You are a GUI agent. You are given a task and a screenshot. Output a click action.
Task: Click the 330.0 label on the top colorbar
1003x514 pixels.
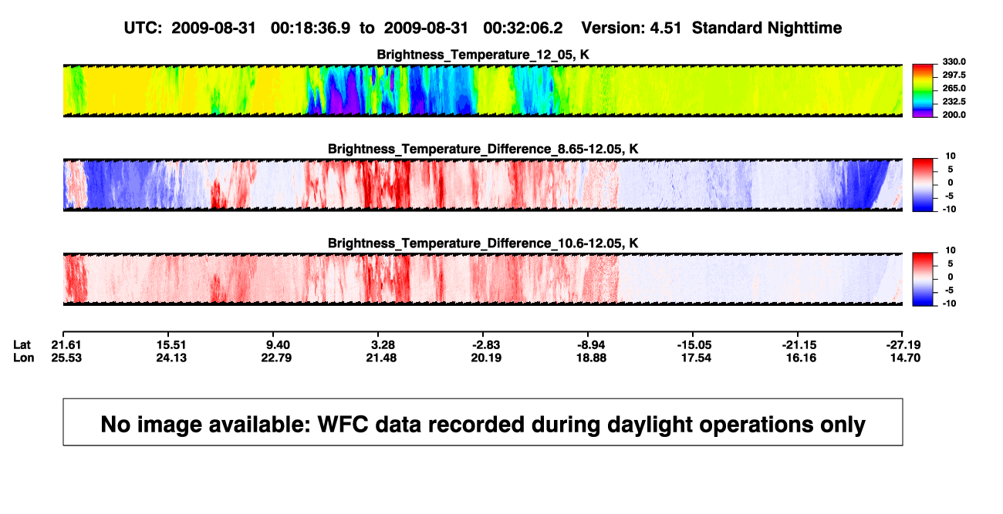coord(954,62)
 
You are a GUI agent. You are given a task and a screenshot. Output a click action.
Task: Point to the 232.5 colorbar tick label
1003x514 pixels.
coord(954,102)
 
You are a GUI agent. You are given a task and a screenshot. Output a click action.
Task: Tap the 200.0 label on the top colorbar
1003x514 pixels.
coord(954,115)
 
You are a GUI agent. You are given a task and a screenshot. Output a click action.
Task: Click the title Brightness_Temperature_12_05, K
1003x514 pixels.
coord(483,55)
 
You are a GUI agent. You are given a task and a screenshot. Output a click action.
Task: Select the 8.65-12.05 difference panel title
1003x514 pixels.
coord(483,149)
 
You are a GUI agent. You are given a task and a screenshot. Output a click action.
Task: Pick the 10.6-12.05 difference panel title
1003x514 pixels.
coord(483,244)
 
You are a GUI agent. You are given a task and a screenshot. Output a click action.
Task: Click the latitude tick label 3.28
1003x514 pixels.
coord(383,345)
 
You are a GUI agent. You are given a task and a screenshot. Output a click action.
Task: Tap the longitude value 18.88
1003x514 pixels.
coord(591,358)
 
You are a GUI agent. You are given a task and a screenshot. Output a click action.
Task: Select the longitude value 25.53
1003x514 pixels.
coord(66,358)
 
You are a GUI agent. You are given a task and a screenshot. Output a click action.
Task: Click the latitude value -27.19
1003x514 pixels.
coord(903,345)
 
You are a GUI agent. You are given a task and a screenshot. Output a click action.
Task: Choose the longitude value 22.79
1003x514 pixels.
coord(276,358)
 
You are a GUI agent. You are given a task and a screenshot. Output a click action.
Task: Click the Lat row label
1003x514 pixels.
coord(22,345)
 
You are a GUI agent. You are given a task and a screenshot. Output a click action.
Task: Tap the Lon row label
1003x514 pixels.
coord(24,358)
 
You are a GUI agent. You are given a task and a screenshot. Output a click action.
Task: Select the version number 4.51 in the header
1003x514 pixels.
coord(666,29)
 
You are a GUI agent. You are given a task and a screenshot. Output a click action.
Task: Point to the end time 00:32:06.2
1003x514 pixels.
coord(523,29)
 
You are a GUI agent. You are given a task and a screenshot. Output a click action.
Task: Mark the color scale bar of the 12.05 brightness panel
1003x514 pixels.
coord(923,91)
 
